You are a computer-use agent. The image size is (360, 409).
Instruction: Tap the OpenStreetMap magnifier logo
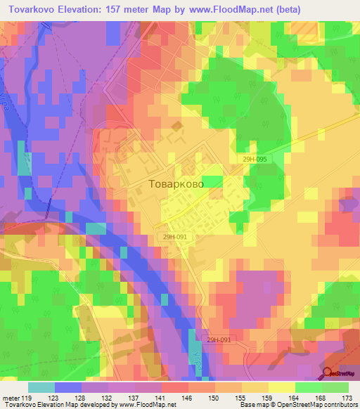click(328, 374)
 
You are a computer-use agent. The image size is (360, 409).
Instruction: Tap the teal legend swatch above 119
click(41, 387)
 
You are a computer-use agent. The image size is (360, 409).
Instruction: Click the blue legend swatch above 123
click(69, 387)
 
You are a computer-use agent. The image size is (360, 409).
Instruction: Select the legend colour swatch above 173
click(335, 387)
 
